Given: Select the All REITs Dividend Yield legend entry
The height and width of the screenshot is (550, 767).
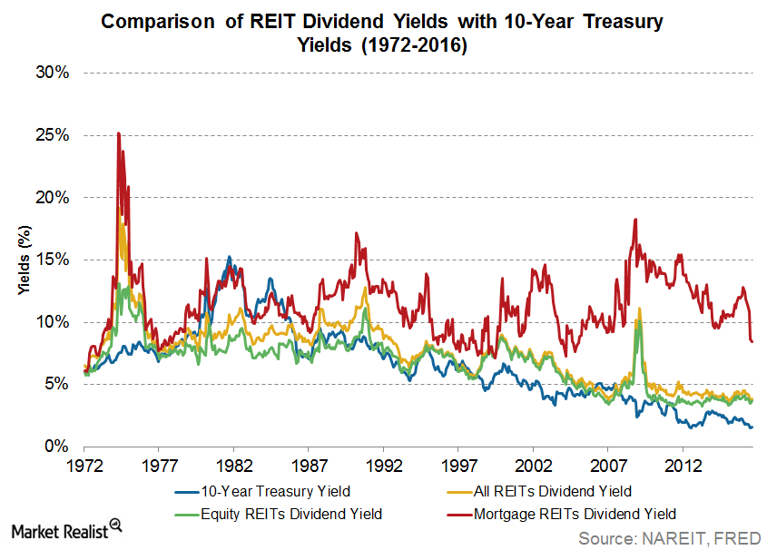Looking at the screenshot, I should click(553, 493).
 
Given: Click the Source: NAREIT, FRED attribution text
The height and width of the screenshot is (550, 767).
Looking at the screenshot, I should click(671, 537).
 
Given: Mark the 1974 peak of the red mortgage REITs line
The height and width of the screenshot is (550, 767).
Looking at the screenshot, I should click(118, 133).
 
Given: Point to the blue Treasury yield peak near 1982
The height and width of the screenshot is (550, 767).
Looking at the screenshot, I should click(229, 258).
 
